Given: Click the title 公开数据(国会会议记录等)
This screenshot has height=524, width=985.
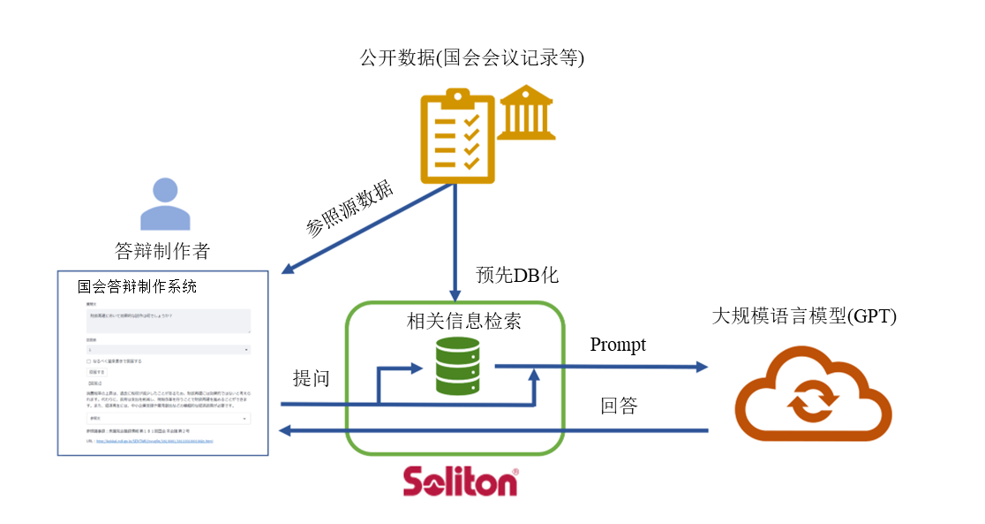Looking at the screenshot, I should point(472,58).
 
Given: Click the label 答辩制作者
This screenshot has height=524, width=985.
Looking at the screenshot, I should point(162,251).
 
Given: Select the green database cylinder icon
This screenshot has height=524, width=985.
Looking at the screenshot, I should point(458,365).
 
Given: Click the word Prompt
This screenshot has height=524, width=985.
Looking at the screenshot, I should point(618,345).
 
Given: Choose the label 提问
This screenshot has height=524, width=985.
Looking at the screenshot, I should point(312,378).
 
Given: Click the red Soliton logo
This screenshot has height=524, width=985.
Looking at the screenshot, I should point(461,482).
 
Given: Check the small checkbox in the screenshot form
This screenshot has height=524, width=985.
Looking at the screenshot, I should point(88,361).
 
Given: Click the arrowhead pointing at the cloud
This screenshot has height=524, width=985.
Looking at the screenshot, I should point(701,367).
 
